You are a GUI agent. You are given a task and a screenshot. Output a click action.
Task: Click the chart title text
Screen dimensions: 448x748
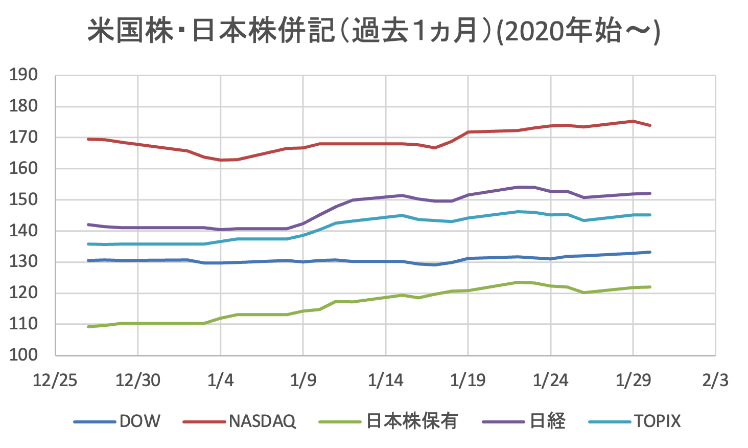coord(373,32)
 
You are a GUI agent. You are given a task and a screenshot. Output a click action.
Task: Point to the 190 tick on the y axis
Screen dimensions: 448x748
coord(24,75)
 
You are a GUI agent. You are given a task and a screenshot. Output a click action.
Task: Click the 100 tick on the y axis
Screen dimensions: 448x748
coord(24,355)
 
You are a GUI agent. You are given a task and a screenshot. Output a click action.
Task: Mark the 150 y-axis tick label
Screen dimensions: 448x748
coord(24,199)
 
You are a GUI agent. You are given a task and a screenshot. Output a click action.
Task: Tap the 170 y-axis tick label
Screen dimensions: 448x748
coord(24,137)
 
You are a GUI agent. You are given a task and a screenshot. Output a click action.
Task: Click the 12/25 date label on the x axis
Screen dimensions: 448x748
coord(55,380)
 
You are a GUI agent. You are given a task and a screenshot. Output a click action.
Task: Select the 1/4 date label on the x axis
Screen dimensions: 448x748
coord(220,380)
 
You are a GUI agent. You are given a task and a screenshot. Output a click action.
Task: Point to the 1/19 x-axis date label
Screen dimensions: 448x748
coord(468,380)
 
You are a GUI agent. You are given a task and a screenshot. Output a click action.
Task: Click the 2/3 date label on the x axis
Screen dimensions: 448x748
coord(715,380)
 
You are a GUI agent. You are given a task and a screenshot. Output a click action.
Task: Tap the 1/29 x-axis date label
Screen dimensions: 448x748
coord(633,380)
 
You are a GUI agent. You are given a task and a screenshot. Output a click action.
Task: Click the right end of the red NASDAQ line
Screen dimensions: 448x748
coord(650,125)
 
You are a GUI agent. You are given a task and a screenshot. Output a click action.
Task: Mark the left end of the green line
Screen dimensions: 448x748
coord(88,326)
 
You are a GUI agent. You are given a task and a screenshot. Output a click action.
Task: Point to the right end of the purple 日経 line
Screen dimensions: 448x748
coord(650,193)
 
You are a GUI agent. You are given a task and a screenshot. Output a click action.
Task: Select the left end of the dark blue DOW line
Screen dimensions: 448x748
coord(88,260)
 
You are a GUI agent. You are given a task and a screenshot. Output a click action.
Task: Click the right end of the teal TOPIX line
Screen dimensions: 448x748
coord(650,215)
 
